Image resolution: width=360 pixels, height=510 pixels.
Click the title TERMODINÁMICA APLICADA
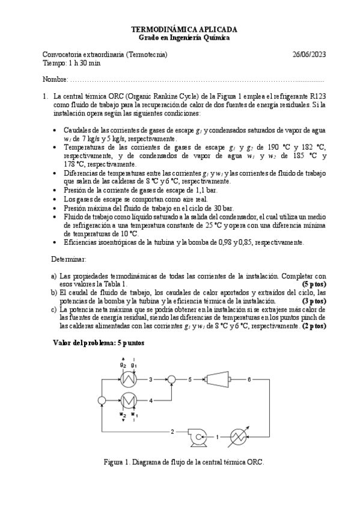pos(184,29)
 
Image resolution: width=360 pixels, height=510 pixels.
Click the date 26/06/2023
pos(308,55)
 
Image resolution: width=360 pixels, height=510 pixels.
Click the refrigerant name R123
pos(318,95)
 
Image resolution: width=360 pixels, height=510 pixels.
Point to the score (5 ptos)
pos(314,283)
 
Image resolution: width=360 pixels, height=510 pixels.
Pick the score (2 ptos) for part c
pos(314,325)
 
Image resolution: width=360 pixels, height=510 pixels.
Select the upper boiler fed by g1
pos(127,379)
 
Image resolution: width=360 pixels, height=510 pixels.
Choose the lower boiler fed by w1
pos(127,399)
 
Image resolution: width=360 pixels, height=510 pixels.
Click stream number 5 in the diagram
pos(190,379)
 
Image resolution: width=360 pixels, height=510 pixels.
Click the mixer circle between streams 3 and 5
pos(171,379)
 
